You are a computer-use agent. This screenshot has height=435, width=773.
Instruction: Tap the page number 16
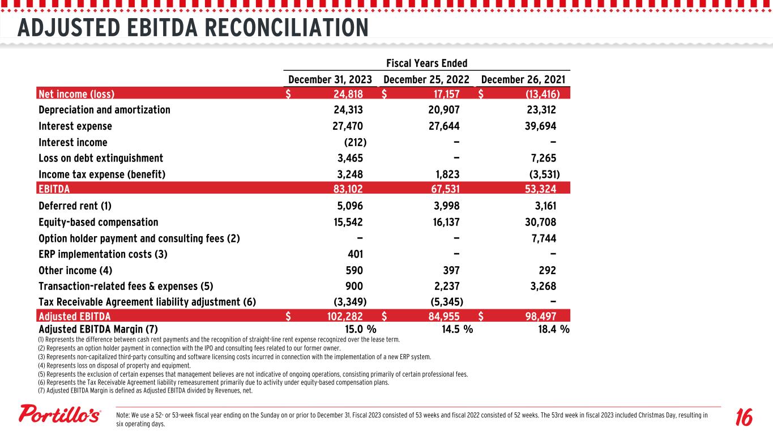[x=742, y=418]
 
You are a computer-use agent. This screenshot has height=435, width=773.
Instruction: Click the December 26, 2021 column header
[x=524, y=79]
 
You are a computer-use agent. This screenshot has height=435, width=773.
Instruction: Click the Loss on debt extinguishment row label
[x=101, y=158]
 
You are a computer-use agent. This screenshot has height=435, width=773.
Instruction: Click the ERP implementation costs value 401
[x=353, y=254]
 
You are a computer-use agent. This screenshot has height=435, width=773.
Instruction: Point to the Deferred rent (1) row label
[x=75, y=206]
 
